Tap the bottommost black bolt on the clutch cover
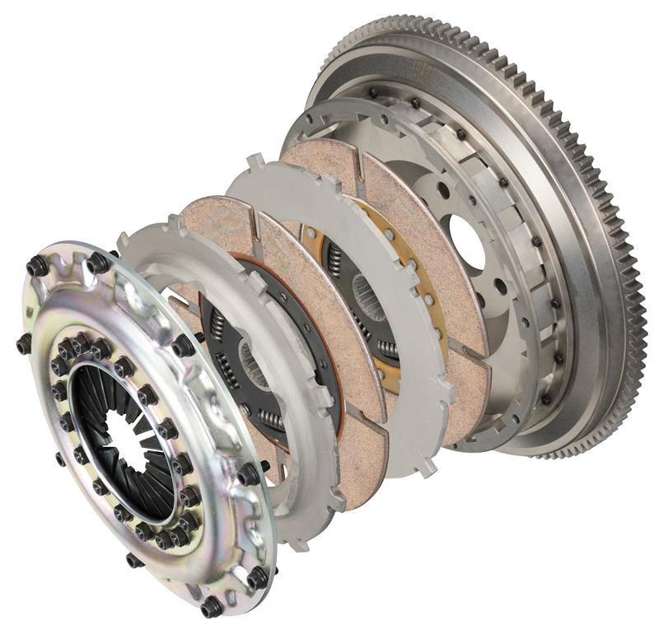coord(211,608)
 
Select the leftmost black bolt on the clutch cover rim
coord(24,343)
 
